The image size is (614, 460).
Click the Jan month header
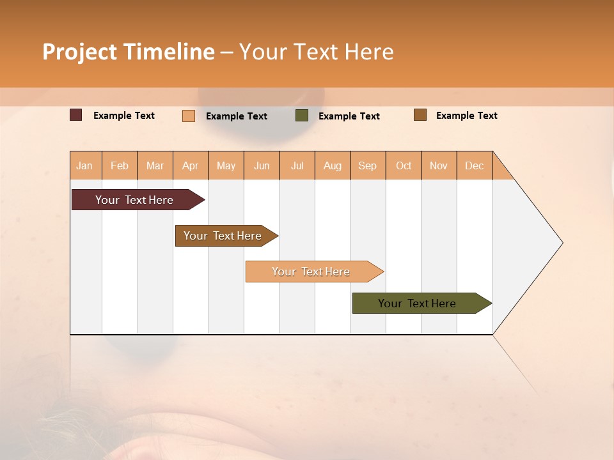coord(85,165)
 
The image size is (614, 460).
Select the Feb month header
coord(120,165)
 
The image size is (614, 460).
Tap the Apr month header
coord(191,165)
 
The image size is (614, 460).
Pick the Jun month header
coord(262,165)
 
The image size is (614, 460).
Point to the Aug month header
coord(333,165)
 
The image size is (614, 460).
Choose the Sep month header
coord(368,165)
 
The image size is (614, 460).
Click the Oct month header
coord(404,165)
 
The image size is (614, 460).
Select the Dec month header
coord(475,165)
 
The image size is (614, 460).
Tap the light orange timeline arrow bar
coord(312,272)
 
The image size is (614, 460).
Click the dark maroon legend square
coord(76,115)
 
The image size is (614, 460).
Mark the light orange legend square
coord(189,116)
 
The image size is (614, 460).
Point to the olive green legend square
coord(302,116)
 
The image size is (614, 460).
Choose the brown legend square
coord(420,115)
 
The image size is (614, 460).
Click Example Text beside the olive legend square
coord(349,116)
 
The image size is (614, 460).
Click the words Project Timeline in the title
coord(128,52)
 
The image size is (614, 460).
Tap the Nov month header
coord(439,165)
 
